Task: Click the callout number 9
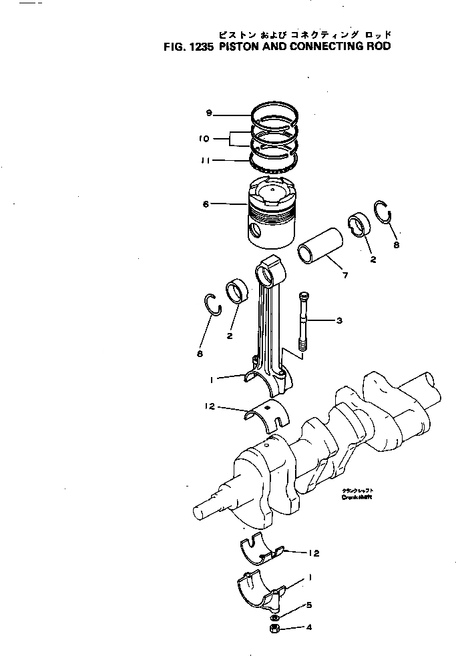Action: (209, 113)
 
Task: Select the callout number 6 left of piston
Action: (206, 204)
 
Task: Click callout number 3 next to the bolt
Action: (339, 321)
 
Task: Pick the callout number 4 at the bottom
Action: (309, 627)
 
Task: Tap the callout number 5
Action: (309, 606)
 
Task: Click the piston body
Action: (273, 214)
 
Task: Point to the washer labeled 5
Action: (275, 617)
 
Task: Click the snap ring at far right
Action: (384, 213)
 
